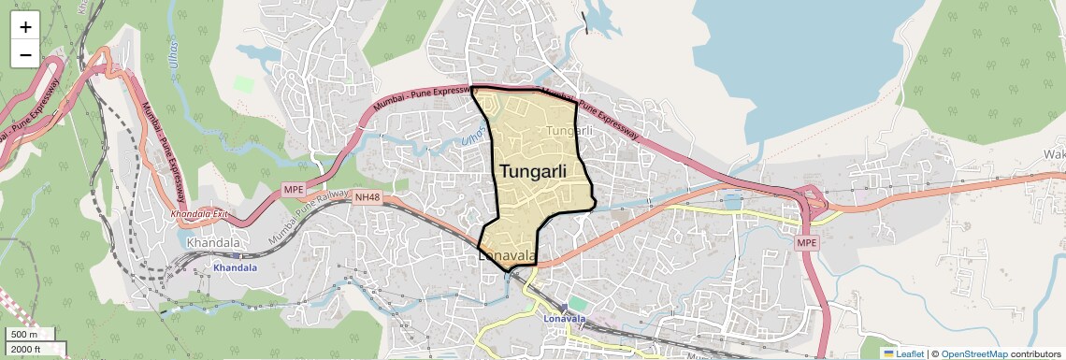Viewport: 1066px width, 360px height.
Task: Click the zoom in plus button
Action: (x=25, y=27)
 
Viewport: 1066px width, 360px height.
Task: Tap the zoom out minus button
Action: (x=25, y=54)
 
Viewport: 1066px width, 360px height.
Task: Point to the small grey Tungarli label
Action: (x=569, y=131)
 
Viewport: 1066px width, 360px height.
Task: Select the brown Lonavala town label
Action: (x=507, y=255)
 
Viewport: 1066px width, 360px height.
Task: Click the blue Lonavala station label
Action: (x=564, y=318)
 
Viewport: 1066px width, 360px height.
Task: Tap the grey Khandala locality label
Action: (x=213, y=243)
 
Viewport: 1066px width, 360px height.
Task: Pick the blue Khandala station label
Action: (x=235, y=267)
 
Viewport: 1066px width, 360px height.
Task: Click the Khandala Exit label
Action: (x=199, y=214)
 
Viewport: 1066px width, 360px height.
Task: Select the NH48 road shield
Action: (x=366, y=196)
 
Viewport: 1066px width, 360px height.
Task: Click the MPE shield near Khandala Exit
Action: (x=294, y=190)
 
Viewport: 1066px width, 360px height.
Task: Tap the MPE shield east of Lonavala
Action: (x=806, y=243)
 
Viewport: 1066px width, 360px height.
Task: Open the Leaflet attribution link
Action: (x=903, y=353)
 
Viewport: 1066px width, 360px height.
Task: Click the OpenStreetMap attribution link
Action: (x=974, y=353)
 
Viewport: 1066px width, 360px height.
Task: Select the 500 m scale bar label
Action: (x=24, y=335)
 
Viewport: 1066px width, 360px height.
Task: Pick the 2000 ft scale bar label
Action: (x=26, y=350)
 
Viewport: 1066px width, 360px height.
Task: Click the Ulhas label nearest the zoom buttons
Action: (x=174, y=49)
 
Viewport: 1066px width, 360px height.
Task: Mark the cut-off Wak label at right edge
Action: (x=1054, y=153)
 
